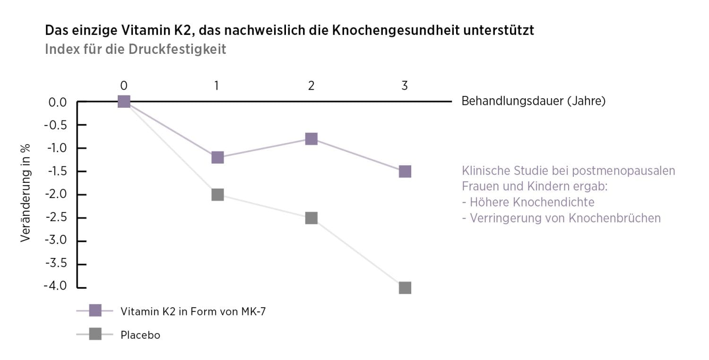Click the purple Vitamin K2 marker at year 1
pyautogui.click(x=217, y=157)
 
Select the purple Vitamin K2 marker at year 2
pyautogui.click(x=311, y=139)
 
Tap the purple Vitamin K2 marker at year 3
pyautogui.click(x=405, y=171)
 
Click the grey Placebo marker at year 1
pyautogui.click(x=217, y=195)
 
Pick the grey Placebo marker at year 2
pyautogui.click(x=311, y=218)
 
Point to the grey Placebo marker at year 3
pyautogui.click(x=405, y=288)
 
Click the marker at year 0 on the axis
pyautogui.click(x=124, y=102)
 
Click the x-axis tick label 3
pyautogui.click(x=405, y=86)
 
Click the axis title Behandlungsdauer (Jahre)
pyautogui.click(x=533, y=102)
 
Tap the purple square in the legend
pyautogui.click(x=95, y=311)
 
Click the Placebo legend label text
pyautogui.click(x=140, y=335)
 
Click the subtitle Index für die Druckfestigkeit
pyautogui.click(x=135, y=50)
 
